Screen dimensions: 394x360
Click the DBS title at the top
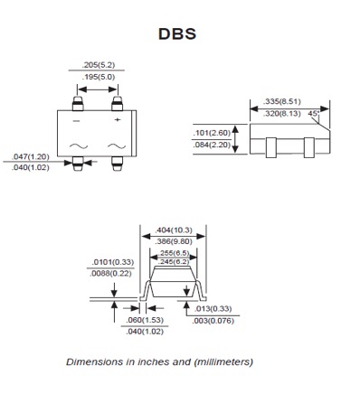tap(176, 34)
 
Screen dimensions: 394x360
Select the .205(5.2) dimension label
tap(96, 66)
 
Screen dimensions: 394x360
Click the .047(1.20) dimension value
tap(31, 156)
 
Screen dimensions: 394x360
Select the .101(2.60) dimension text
tap(210, 134)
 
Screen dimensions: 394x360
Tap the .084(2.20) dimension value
tap(210, 145)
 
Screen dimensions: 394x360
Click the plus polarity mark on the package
tap(118, 119)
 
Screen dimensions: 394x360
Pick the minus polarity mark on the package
tap(76, 119)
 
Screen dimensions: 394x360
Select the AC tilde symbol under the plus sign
tap(117, 145)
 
